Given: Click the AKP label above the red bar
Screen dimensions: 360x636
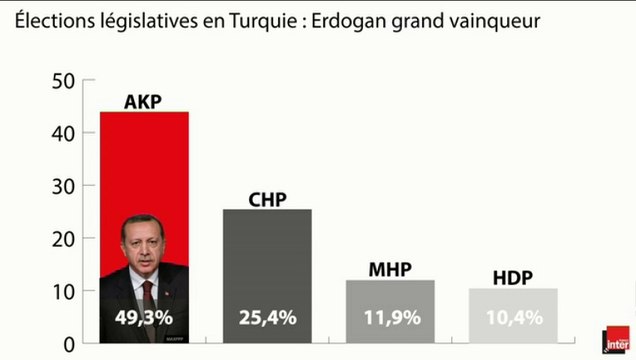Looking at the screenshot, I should click(x=144, y=101).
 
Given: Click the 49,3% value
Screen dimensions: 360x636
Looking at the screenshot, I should click(x=144, y=319).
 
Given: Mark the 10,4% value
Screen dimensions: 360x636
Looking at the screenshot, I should click(x=513, y=319).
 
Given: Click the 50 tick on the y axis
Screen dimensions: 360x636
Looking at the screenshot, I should click(x=63, y=82).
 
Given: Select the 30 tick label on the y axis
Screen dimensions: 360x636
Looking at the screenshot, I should click(x=63, y=187).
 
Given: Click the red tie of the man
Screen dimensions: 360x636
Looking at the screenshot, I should click(x=149, y=296).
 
